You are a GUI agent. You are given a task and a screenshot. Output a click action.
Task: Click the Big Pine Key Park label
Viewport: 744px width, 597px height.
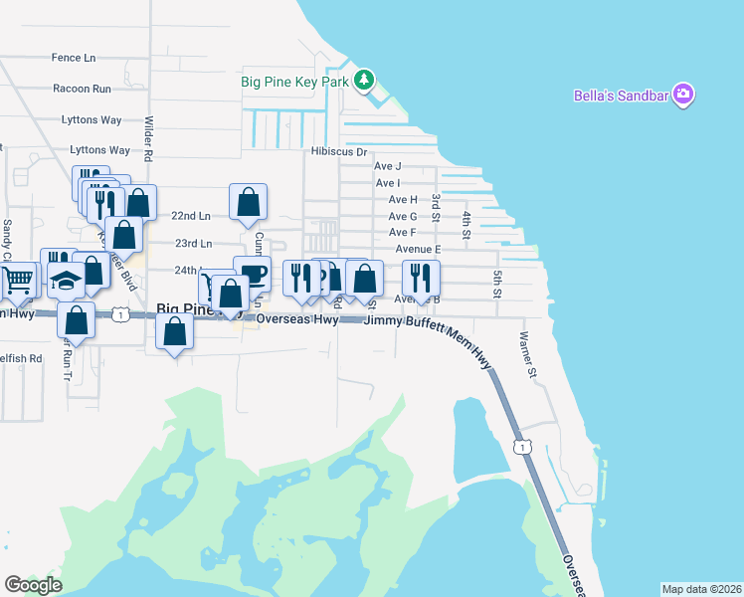click(x=295, y=81)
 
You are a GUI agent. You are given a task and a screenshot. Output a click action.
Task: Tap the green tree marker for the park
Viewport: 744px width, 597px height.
click(x=366, y=80)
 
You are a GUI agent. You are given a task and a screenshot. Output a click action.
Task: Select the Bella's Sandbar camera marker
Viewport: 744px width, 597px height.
click(x=683, y=96)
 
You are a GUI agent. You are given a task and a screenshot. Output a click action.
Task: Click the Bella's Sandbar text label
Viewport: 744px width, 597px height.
click(x=622, y=97)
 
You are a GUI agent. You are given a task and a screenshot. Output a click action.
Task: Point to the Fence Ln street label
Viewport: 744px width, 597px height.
click(x=75, y=58)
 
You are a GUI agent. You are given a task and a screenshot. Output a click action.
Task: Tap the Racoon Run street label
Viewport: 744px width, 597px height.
click(x=82, y=89)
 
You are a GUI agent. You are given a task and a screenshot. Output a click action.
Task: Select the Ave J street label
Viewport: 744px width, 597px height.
click(x=388, y=166)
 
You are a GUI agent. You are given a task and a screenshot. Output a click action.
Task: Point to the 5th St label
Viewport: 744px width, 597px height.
click(x=497, y=282)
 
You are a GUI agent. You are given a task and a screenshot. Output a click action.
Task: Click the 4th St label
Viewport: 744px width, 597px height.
click(x=465, y=224)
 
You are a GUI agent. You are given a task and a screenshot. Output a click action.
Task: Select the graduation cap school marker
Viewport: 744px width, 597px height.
click(x=67, y=280)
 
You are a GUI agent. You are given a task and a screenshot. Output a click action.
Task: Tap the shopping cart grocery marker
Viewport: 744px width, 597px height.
click(x=18, y=283)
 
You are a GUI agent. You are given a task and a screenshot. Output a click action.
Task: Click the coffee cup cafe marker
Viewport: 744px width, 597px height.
click(x=253, y=275)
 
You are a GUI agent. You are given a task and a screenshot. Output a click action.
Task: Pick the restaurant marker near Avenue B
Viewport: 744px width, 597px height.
click(x=422, y=279)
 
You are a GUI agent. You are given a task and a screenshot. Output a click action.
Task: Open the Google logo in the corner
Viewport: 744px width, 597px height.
click(x=34, y=585)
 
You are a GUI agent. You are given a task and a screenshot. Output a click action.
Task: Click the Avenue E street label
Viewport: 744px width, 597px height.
click(x=418, y=249)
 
